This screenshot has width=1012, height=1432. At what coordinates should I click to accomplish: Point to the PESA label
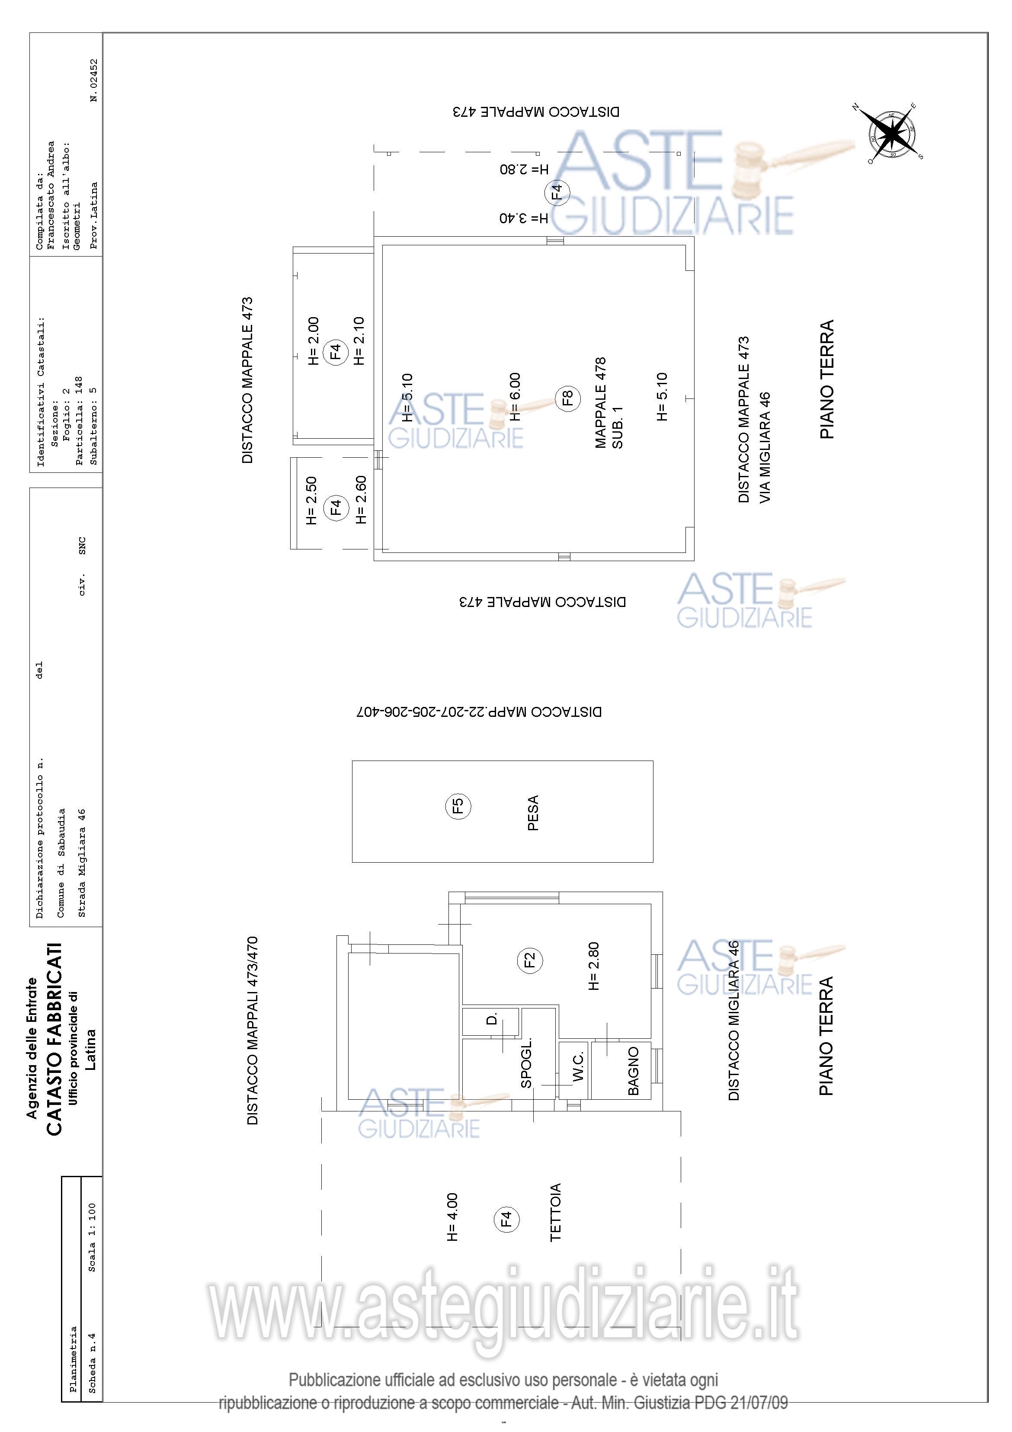pyautogui.click(x=533, y=812)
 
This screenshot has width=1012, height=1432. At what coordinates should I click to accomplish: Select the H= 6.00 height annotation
pyautogui.click(x=515, y=397)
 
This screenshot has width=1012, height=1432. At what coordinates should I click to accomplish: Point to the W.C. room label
pyautogui.click(x=578, y=1066)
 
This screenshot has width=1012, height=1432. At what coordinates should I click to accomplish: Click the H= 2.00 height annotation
pyautogui.click(x=314, y=340)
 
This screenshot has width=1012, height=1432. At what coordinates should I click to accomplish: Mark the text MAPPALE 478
pyautogui.click(x=600, y=402)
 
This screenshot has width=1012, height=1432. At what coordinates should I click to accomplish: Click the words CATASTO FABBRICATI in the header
pyautogui.click(x=55, y=1039)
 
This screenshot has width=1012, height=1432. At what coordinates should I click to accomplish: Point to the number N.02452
pyautogui.click(x=94, y=80)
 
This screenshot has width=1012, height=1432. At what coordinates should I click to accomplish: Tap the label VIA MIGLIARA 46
pyautogui.click(x=765, y=447)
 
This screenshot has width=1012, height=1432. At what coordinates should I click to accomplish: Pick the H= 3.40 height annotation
pyautogui.click(x=524, y=218)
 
